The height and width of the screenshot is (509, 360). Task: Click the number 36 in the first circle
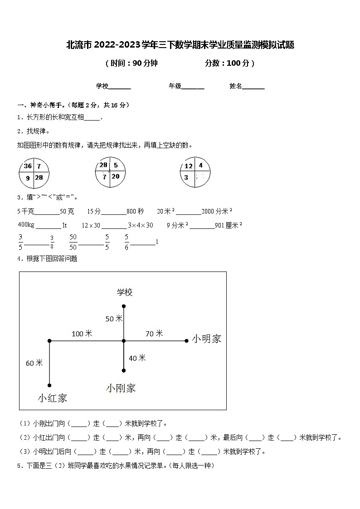point(28,166)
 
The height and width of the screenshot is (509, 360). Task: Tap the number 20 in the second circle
point(115,176)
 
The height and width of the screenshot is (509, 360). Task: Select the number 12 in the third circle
point(189,166)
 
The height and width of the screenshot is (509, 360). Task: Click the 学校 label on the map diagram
point(125,292)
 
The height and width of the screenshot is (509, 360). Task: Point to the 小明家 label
point(206,339)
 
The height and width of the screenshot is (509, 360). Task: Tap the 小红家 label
point(53,398)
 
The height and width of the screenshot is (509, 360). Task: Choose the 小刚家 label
point(121,388)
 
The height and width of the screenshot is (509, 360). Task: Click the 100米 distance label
point(82,334)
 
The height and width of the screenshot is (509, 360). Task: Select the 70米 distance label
point(154,334)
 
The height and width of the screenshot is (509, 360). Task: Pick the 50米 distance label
point(114,319)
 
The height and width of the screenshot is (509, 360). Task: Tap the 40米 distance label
point(137,358)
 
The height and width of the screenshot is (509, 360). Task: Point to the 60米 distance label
point(34,363)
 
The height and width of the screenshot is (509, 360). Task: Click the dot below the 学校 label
point(124,306)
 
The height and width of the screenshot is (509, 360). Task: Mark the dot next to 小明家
point(186,341)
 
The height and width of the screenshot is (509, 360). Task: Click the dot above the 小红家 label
point(49,386)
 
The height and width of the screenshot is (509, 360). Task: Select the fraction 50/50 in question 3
point(73,242)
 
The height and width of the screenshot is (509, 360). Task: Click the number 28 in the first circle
point(39,178)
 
